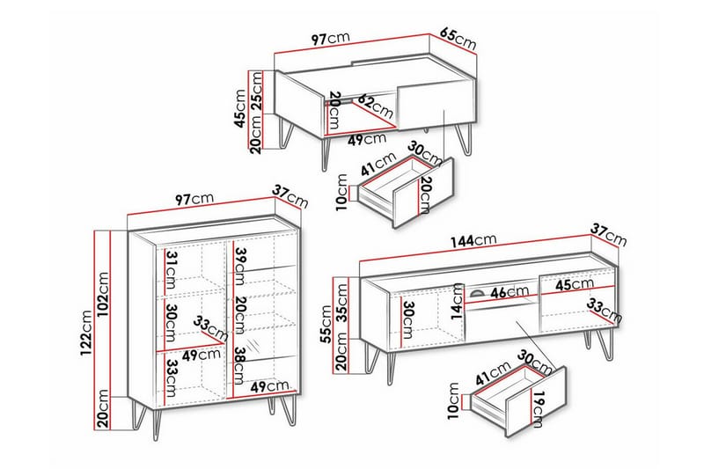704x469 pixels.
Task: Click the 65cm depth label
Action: (x=458, y=39)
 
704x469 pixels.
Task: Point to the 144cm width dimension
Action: (x=473, y=240)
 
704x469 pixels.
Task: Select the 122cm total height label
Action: (x=86, y=333)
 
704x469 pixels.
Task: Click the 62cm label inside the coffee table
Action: (x=376, y=106)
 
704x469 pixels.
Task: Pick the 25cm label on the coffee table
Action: (x=256, y=91)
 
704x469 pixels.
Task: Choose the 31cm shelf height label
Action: (x=172, y=270)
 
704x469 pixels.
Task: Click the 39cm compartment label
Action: (x=240, y=267)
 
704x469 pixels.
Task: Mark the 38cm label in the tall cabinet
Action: (x=240, y=366)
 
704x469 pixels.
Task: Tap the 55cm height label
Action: (x=326, y=324)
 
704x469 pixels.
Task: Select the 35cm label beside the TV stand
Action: (x=342, y=303)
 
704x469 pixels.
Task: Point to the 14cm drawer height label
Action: (x=458, y=301)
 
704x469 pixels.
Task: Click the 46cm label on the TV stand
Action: (x=510, y=293)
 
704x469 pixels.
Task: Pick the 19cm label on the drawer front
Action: (x=539, y=409)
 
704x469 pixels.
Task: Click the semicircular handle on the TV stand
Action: (x=477, y=294)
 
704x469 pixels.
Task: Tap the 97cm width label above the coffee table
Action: (x=331, y=39)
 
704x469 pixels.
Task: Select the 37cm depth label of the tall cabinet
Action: (x=290, y=196)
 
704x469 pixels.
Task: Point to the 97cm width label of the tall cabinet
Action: (x=194, y=199)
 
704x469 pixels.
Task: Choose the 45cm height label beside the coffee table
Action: (x=240, y=108)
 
